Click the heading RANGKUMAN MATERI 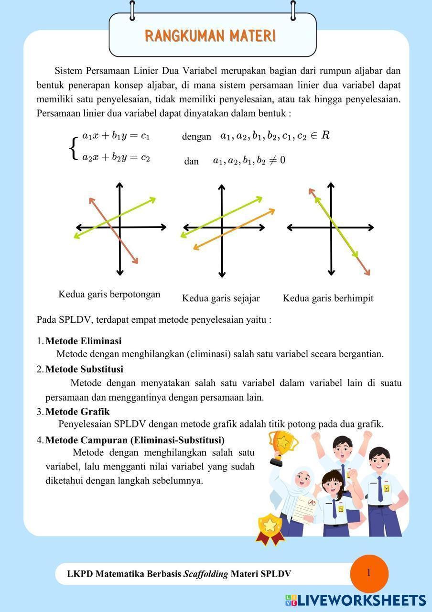pos(210,36)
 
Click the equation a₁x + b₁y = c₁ pos(116,136)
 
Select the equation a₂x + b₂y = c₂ pos(116,157)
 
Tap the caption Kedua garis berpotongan pos(109,294)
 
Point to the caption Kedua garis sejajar pos(221,298)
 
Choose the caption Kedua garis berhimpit pos(328,298)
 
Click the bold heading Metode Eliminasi pos(83,341)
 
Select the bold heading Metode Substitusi pos(84,369)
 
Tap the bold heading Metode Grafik pos(77,411)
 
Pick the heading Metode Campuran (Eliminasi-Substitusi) pos(135,439)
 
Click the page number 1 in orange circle pos(369,573)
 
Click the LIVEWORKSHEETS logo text pos(361,601)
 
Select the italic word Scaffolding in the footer pos(205,574)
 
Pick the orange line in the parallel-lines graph pos(234,229)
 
